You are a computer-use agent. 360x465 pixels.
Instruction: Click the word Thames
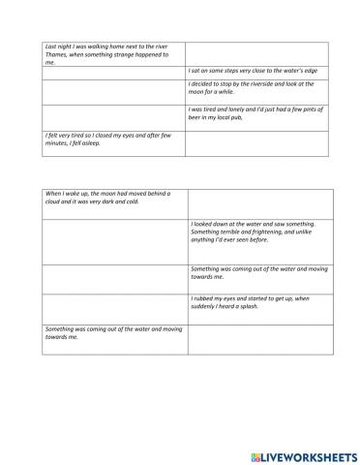55,54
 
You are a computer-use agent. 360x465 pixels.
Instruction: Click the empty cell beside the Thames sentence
256,54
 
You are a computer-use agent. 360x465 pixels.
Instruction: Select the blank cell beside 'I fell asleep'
256,142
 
